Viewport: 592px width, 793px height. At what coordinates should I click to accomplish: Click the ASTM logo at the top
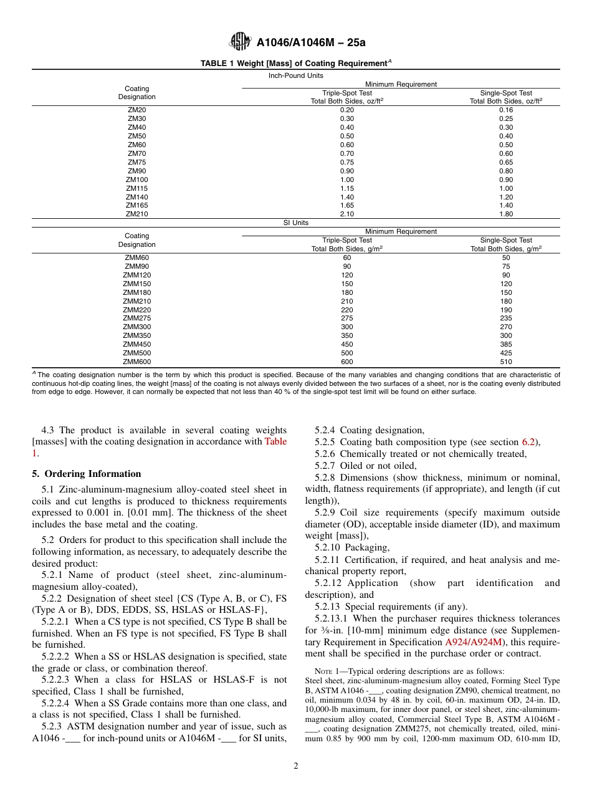(240, 42)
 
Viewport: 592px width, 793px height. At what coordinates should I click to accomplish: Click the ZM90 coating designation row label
(137, 171)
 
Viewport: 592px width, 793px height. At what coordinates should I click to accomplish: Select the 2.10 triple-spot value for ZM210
(347, 214)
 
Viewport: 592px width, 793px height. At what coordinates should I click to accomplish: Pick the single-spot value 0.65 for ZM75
(506, 162)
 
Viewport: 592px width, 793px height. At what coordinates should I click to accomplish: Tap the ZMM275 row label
(137, 318)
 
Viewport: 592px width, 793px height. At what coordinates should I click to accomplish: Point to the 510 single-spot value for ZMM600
(506, 362)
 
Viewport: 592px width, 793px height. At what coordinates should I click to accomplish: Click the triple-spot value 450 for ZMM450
(347, 344)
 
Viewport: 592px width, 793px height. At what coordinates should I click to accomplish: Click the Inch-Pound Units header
(296, 75)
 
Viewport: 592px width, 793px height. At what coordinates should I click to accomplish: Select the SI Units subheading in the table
(296, 223)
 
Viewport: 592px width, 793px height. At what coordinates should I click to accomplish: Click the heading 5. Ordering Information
(87, 473)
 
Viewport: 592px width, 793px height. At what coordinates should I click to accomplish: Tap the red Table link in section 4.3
(275, 441)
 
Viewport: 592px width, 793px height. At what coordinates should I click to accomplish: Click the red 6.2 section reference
(528, 442)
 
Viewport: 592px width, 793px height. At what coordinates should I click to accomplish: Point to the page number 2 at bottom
(296, 766)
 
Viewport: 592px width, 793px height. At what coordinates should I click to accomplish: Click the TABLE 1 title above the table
(295, 63)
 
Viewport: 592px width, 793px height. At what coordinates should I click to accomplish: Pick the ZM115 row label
(137, 188)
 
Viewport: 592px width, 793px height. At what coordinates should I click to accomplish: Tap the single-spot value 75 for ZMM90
(506, 266)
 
